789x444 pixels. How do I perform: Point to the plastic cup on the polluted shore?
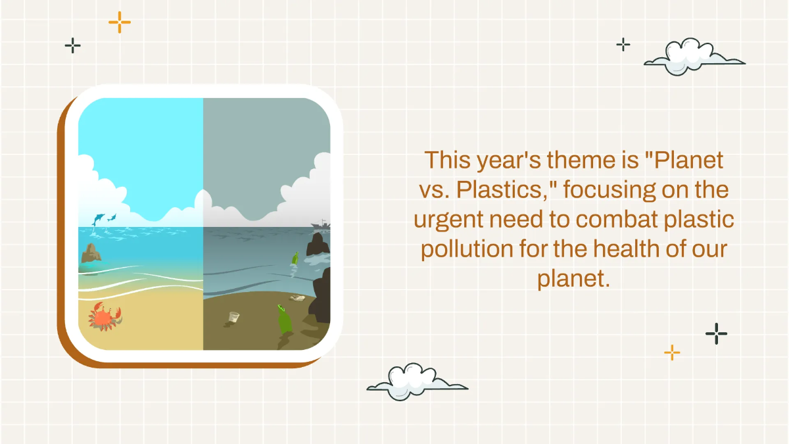233,318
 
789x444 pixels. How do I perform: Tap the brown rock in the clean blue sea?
90,253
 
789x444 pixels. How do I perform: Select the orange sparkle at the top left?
120,22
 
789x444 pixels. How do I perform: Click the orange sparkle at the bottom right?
671,353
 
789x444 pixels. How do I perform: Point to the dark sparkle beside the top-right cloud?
623,45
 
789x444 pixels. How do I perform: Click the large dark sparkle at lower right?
716,333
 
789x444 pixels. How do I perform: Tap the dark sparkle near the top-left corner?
72,45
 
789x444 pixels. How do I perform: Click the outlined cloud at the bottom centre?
416,382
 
